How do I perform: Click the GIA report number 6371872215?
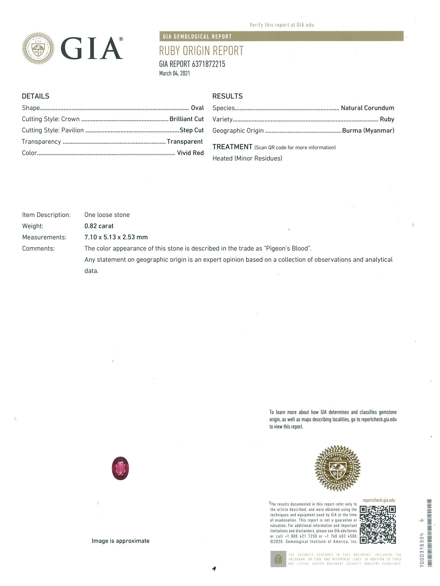(x=208, y=64)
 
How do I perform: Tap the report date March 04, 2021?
(x=174, y=73)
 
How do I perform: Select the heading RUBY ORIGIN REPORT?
(x=201, y=51)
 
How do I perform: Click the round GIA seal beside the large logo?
(x=38, y=48)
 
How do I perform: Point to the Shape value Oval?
(x=197, y=108)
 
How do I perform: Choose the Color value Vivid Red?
(x=190, y=153)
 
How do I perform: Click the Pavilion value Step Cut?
(x=192, y=130)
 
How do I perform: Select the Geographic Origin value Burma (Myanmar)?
(x=368, y=131)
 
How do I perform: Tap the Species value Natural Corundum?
(x=368, y=108)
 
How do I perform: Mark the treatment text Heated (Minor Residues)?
(x=247, y=158)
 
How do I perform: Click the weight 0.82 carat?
(x=99, y=226)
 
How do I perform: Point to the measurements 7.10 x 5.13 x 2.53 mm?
(x=116, y=237)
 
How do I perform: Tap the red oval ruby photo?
(x=120, y=468)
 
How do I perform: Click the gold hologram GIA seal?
(x=338, y=468)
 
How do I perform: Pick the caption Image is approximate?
(x=121, y=541)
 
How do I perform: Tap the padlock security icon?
(x=278, y=559)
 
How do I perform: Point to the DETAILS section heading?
(x=36, y=96)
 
